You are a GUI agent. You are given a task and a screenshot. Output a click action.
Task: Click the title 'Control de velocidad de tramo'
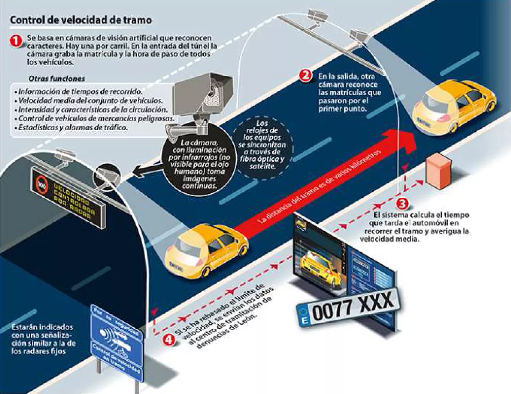(81, 20)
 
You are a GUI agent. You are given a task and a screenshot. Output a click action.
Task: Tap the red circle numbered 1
(16, 41)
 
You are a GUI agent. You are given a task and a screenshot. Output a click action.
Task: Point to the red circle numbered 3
(402, 203)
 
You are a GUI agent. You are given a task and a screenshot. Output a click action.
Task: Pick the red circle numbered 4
(168, 339)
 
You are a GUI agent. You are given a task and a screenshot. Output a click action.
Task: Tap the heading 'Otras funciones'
(57, 79)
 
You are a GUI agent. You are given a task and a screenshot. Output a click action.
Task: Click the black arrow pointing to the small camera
(143, 173)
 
